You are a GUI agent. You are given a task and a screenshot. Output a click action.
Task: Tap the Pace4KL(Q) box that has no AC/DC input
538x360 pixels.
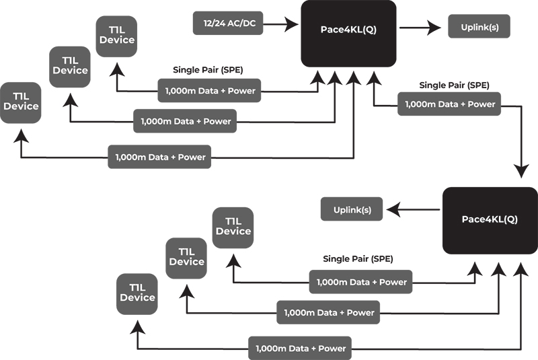490,220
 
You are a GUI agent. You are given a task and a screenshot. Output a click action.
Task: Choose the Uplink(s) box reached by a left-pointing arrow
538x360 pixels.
352,209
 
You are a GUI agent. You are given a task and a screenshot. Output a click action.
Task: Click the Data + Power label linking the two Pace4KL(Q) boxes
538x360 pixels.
449,104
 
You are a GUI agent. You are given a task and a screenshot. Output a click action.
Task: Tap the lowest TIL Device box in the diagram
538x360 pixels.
137,293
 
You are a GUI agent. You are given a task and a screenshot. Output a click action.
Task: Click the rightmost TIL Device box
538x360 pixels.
233,227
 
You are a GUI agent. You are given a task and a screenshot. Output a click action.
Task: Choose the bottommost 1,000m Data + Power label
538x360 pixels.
300,349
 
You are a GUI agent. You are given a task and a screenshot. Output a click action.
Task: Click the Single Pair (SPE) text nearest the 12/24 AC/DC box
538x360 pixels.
208,69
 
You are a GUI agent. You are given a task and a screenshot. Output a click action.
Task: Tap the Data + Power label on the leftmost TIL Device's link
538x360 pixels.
161,157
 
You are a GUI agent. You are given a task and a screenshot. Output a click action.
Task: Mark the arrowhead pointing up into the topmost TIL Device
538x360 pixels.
117,67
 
